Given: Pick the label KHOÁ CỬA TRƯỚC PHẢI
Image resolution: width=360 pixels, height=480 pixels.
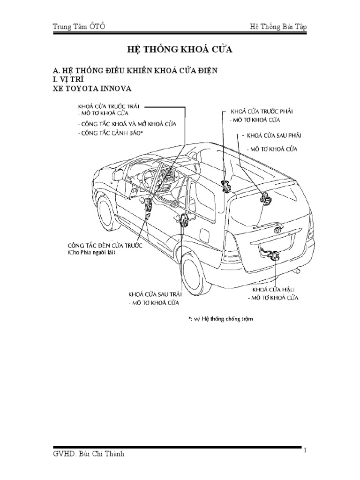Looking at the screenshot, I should [262, 112].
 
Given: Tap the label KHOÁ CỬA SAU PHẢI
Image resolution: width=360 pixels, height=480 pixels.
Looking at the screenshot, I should [274, 135].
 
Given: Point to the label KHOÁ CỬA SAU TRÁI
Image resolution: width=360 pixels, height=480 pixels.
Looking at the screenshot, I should [155, 295].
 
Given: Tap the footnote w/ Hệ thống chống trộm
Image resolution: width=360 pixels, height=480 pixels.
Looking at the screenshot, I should [220, 319].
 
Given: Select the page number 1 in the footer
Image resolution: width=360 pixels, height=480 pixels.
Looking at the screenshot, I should [304, 450].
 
